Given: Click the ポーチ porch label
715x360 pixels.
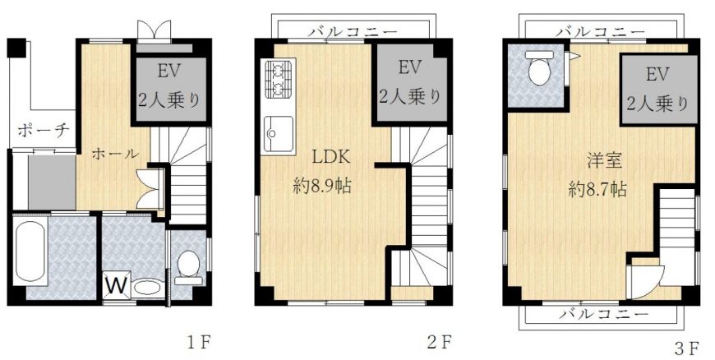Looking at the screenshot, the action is pyautogui.click(x=44, y=132).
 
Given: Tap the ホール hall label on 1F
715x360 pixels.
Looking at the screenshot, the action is pyautogui.click(x=115, y=154).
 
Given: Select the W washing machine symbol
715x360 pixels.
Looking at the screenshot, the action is pyautogui.click(x=117, y=286).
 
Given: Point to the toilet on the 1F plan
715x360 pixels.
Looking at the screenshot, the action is pyautogui.click(x=188, y=268).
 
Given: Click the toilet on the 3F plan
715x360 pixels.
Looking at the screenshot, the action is pyautogui.click(x=539, y=67).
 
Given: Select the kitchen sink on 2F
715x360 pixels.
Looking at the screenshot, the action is pyautogui.click(x=278, y=133).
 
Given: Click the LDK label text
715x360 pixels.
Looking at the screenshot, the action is pyautogui.click(x=330, y=158).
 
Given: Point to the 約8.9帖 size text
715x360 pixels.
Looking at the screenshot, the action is pyautogui.click(x=322, y=186).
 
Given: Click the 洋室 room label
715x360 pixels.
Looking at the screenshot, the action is pyautogui.click(x=605, y=162).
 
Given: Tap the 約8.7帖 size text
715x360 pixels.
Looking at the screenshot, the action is pyautogui.click(x=597, y=188).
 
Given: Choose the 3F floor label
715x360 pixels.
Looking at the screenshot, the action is pyautogui.click(x=687, y=348).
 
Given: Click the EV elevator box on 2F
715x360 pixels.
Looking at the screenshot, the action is pyautogui.click(x=409, y=83).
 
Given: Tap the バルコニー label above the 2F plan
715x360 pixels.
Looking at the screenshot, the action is pyautogui.click(x=353, y=31).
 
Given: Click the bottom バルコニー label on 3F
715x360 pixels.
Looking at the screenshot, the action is pyautogui.click(x=604, y=314).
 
